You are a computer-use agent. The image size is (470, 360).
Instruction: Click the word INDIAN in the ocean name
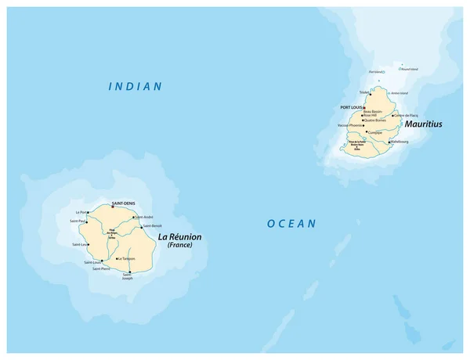point(136,86)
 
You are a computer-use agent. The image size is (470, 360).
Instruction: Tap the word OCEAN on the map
point(291,224)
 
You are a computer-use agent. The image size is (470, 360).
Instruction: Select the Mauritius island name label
point(423,124)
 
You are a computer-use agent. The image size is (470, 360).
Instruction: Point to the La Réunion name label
point(180,236)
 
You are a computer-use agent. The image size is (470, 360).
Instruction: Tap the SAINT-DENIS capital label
point(124,203)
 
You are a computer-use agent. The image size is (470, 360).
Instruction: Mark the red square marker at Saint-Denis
point(124,208)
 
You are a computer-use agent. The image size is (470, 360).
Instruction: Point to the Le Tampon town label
point(126,258)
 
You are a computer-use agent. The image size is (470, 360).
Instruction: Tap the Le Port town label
point(80,212)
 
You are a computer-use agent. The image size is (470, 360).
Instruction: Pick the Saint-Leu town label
point(80,245)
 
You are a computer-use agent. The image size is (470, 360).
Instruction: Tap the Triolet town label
point(363,92)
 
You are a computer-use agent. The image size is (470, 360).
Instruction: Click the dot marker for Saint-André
point(133,217)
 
